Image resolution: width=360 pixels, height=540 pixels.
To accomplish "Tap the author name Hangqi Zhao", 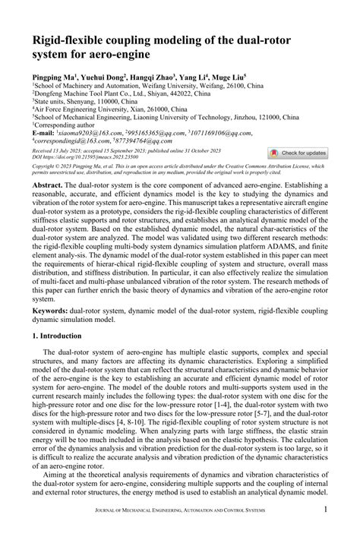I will [x=150, y=78].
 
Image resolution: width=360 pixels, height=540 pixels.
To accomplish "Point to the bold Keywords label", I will [x=53, y=311].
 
